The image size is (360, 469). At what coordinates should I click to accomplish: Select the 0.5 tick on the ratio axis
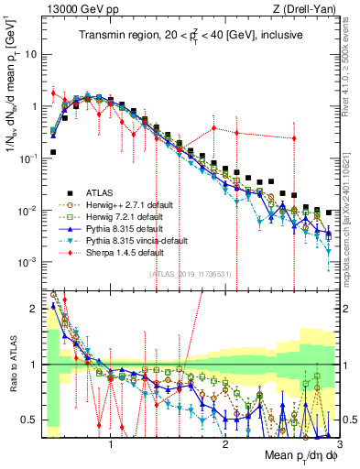tap(32, 420)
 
